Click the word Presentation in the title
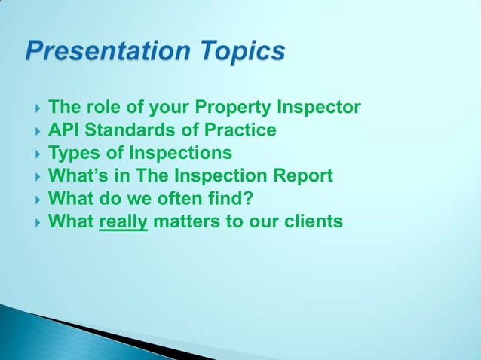pyautogui.click(x=107, y=52)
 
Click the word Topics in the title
pyautogui.click(x=241, y=52)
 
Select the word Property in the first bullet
pyautogui.click(x=235, y=108)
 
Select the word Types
pyautogui.click(x=72, y=154)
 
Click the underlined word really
pyautogui.click(x=123, y=222)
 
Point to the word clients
pyautogui.click(x=311, y=222)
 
